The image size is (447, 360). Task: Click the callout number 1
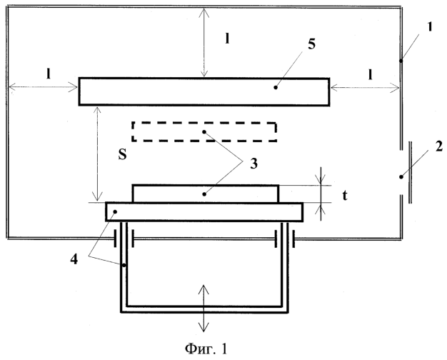(x=430, y=26)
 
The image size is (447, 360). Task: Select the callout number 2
(x=438, y=146)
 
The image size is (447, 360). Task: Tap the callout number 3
(x=253, y=164)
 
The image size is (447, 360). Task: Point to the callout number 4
(x=74, y=259)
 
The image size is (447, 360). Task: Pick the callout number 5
(x=311, y=44)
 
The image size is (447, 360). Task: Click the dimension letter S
(x=123, y=154)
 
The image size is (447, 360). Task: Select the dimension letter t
(x=345, y=196)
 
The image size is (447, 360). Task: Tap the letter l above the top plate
(x=227, y=39)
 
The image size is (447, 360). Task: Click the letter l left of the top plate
(x=49, y=74)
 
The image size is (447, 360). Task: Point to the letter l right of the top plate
(x=371, y=74)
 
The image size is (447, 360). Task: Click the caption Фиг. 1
(x=206, y=349)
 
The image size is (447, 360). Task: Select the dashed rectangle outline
(x=204, y=123)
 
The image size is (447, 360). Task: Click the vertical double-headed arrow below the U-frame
(x=204, y=308)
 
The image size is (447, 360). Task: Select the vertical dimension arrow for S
(x=98, y=154)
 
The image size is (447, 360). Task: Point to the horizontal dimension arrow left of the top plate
(x=44, y=86)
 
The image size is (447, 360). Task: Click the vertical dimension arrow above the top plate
(x=204, y=43)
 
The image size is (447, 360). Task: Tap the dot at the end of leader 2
(x=401, y=177)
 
